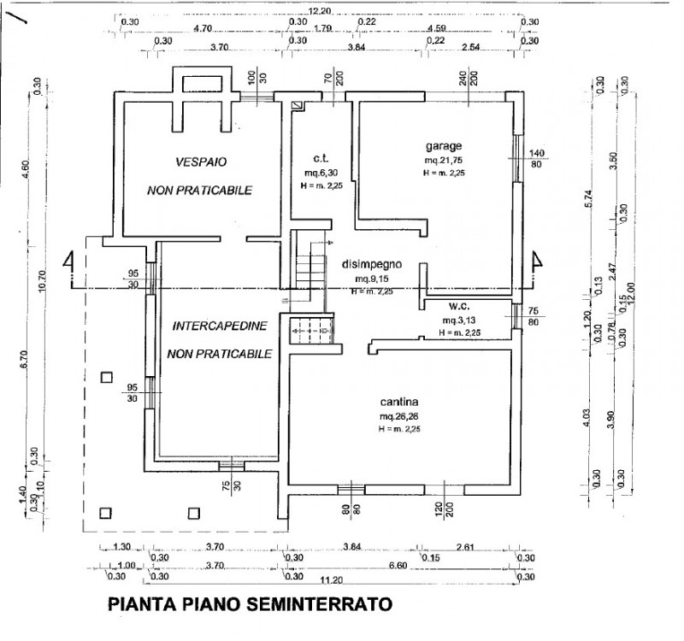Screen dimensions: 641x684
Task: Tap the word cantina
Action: [398, 402]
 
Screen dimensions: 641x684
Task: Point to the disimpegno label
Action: [371, 264]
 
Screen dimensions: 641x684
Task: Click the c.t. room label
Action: [321, 158]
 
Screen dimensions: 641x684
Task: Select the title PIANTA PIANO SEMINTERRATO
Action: [250, 603]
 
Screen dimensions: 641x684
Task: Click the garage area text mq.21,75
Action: [443, 160]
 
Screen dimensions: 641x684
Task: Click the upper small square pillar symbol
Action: [106, 377]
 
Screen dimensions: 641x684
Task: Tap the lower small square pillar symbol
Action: [106, 513]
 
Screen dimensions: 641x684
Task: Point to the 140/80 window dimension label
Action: [537, 158]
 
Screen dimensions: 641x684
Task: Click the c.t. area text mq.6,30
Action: [321, 173]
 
